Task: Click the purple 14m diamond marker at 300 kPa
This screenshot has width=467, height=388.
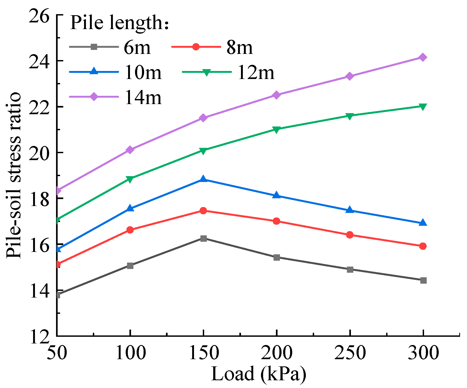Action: coord(423,57)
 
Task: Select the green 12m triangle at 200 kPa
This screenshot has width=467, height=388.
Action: coord(276,130)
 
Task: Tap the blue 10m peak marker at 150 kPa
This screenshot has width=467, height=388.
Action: coord(203,179)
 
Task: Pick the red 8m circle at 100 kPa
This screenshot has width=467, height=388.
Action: coord(130,230)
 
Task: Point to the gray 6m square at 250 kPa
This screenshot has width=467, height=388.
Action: coord(350,270)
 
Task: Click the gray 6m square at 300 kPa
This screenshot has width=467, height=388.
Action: coord(423,280)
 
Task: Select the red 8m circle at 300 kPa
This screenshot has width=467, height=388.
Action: coord(423,246)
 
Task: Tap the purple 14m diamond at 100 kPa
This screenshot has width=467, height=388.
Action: coord(130,150)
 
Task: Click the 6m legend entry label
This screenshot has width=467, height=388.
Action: coord(137,48)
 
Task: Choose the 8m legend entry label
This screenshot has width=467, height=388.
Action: coord(239,48)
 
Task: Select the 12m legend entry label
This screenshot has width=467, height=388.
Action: coord(256,73)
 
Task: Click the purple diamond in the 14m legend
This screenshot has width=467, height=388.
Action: coord(94,97)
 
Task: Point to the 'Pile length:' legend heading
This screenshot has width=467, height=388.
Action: coord(119,22)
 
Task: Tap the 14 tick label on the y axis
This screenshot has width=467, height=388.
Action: coord(39,291)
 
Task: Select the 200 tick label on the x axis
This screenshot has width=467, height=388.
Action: coord(276,353)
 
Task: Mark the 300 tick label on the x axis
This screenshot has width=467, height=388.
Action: coord(423,353)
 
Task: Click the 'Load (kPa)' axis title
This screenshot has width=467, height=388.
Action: coord(258,374)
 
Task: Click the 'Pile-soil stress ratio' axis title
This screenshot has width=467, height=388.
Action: coord(14,175)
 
